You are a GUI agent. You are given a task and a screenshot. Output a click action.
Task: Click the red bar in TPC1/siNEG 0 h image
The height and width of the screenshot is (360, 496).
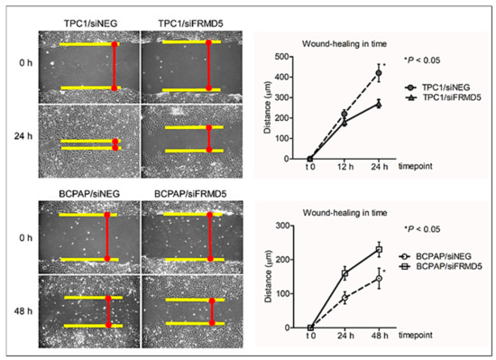coord(115,66)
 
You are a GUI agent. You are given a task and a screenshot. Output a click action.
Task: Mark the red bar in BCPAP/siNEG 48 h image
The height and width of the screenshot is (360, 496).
coord(108,310)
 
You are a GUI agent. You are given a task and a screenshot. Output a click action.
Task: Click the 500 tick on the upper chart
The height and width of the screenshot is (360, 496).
coord(291,57)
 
